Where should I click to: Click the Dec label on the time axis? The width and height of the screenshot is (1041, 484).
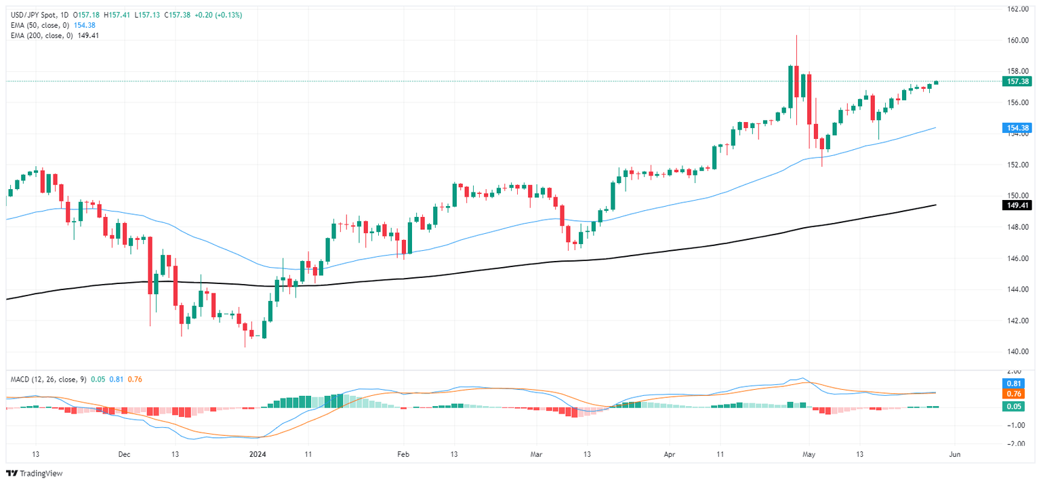coord(123,454)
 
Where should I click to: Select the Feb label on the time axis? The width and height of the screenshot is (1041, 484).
coord(403,454)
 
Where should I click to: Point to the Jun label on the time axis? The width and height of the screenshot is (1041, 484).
coord(955,454)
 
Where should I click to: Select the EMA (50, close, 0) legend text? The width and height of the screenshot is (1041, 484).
coord(40,25)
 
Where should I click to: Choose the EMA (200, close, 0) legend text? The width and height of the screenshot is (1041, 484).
coord(42,35)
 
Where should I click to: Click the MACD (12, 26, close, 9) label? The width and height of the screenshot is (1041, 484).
coord(47,379)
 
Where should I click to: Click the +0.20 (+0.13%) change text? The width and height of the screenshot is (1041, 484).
coord(220,15)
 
